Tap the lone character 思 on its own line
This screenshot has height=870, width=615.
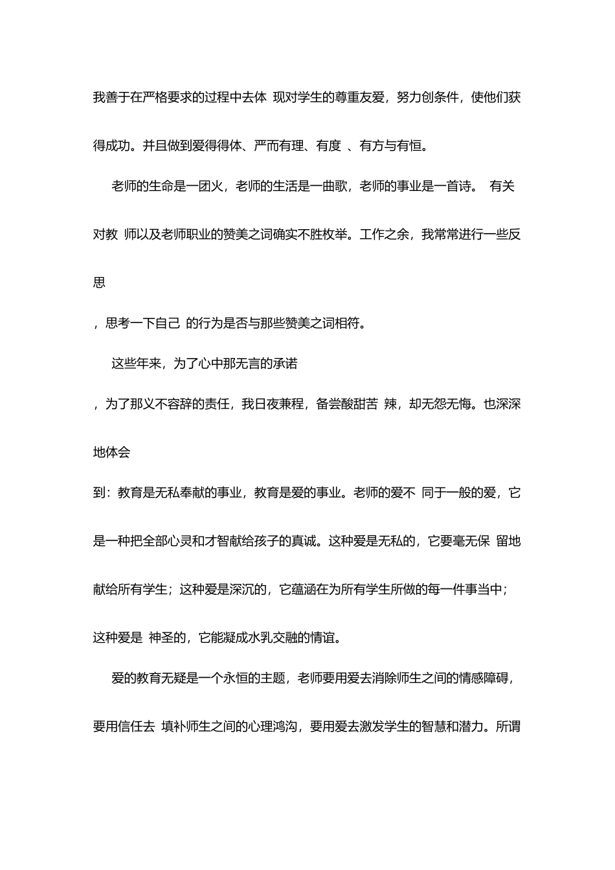pos(100,282)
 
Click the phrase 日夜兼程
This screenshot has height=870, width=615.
pos(279,405)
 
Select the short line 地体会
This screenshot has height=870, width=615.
pos(112,452)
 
